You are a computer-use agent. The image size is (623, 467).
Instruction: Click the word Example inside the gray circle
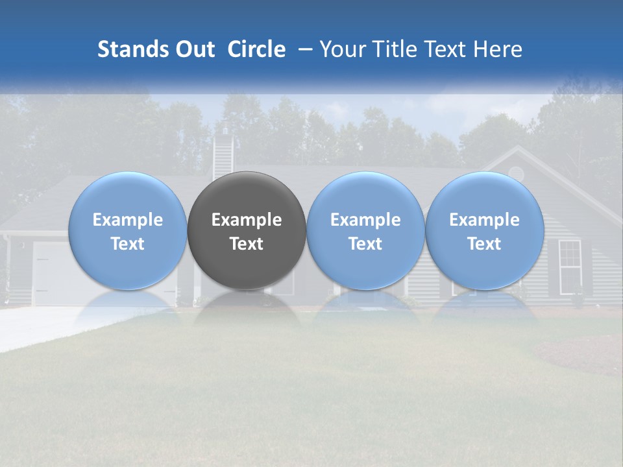247,220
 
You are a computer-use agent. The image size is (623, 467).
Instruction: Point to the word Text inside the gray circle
247,244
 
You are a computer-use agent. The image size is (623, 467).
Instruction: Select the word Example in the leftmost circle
128,220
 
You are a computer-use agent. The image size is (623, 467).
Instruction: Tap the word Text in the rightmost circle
485,244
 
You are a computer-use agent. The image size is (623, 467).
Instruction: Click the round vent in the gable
516,173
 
